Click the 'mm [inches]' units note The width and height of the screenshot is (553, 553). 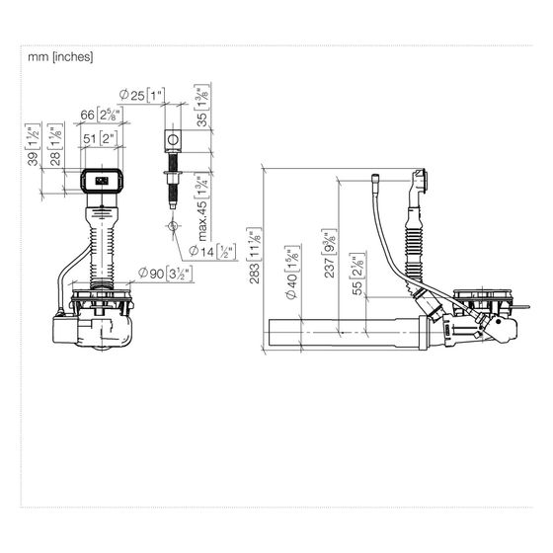pyautogui.click(x=60, y=57)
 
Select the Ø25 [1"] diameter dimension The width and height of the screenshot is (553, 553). pyautogui.click(x=142, y=95)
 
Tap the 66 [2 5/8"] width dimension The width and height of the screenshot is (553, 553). pyautogui.click(x=101, y=115)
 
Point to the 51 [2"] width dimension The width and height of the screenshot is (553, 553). pyautogui.click(x=100, y=138)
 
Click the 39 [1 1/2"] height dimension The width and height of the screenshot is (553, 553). pyautogui.click(x=34, y=144)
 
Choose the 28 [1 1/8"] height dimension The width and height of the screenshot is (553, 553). pyautogui.click(x=55, y=144)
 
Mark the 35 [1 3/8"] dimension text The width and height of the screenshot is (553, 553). pyautogui.click(x=202, y=106)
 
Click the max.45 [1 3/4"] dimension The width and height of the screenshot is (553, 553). pyautogui.click(x=202, y=208)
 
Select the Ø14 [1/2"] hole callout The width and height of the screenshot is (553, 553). pyautogui.click(x=212, y=251)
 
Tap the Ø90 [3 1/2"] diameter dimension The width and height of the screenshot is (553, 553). pyautogui.click(x=166, y=273)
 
